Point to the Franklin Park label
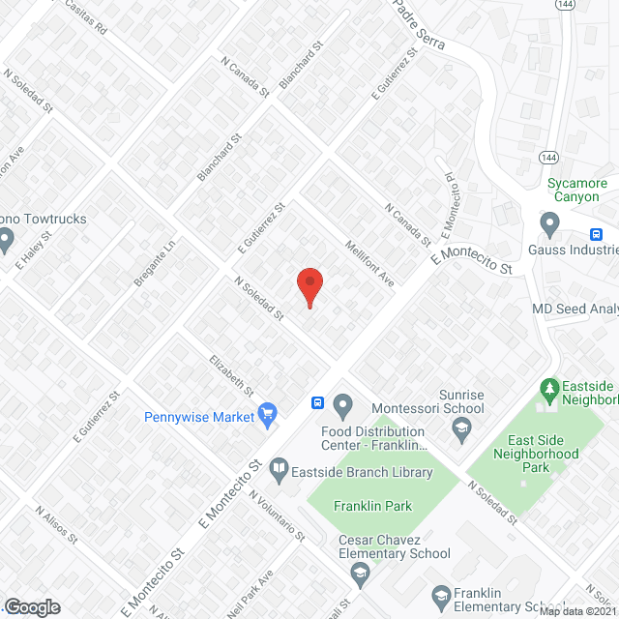(372, 506)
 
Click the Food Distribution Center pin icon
(342, 404)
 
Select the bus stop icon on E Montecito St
(316, 402)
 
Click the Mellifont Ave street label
(369, 263)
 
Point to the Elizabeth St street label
(231, 376)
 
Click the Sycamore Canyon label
(576, 190)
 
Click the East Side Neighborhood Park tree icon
(550, 390)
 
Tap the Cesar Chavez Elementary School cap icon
(360, 574)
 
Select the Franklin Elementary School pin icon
(442, 595)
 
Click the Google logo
(33, 606)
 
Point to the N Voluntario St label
(277, 515)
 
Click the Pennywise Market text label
(198, 418)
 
